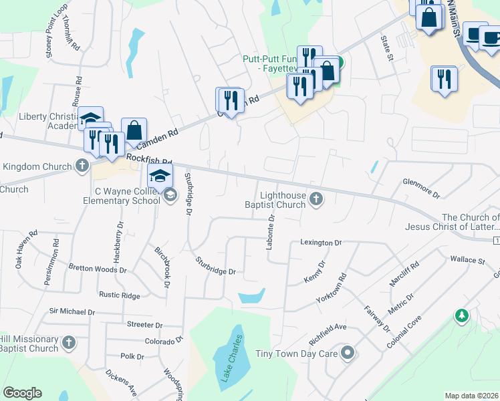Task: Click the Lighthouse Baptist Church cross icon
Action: coord(317,198)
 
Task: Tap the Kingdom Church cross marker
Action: coord(82,166)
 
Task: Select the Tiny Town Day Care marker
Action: coord(347,352)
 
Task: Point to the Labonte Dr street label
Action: coord(271,231)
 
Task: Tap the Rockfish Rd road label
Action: coord(148,162)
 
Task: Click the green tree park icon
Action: coord(461,315)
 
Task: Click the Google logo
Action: coord(22,393)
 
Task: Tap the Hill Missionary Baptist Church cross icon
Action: coord(68,344)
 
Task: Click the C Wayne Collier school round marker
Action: coord(170,194)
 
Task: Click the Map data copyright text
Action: coord(471,395)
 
